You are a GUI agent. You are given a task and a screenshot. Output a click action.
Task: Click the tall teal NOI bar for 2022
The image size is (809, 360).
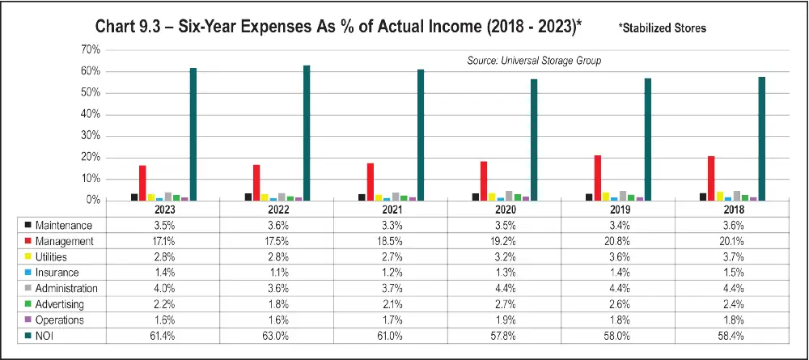[x=307, y=133]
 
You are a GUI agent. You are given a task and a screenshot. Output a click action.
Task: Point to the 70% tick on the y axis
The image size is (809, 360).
[x=90, y=50]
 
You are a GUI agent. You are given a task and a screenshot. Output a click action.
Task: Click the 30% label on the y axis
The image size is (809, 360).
[x=90, y=136]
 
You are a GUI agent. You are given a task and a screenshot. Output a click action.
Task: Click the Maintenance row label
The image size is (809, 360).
[x=65, y=225]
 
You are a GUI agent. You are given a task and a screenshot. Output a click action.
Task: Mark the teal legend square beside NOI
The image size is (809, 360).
[x=29, y=335]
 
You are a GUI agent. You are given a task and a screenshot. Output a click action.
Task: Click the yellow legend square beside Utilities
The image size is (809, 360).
[x=29, y=256]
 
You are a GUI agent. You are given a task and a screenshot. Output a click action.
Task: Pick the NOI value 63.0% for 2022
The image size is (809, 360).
[x=276, y=335]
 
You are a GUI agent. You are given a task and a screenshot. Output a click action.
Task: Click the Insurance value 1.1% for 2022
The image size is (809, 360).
[x=276, y=272]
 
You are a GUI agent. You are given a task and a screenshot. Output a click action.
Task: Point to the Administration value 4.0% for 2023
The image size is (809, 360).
[x=163, y=288]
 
